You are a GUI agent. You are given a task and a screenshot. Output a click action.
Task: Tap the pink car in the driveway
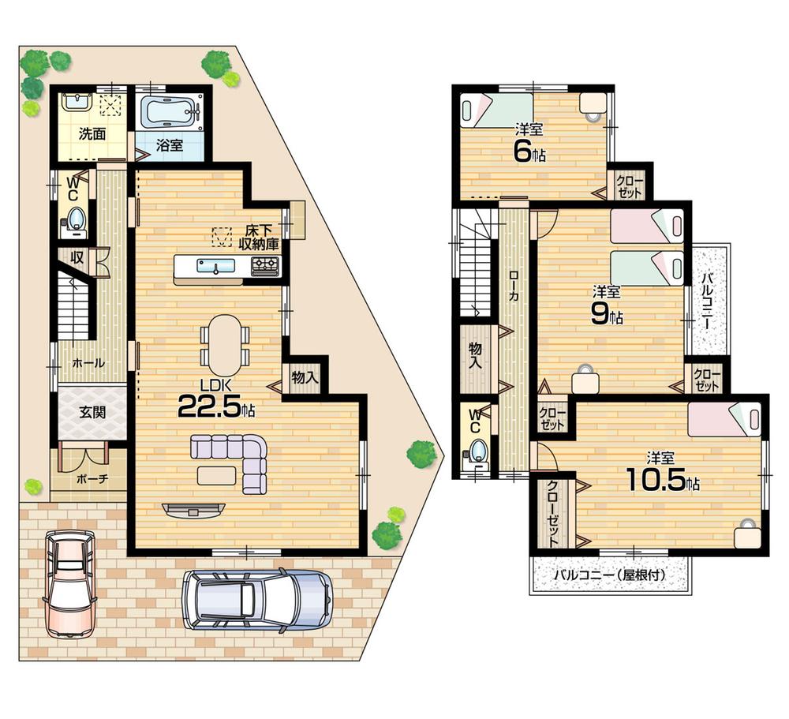(x=69, y=582)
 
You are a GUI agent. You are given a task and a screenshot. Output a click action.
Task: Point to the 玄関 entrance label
(x=92, y=411)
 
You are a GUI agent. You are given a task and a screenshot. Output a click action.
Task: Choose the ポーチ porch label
(x=92, y=479)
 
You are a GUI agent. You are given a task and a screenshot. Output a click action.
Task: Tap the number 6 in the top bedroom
(x=522, y=151)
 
